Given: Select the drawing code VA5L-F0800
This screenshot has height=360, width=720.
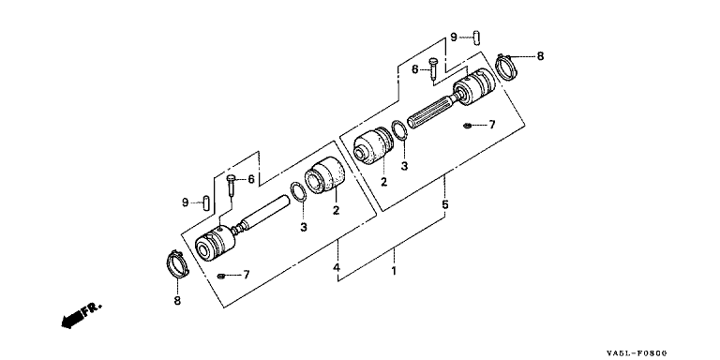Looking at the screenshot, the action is pos(637,353).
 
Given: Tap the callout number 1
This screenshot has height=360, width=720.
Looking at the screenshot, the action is pos(394,270).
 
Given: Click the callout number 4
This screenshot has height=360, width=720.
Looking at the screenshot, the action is pos(337,267).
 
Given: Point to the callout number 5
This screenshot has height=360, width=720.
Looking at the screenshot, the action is pos(445,203).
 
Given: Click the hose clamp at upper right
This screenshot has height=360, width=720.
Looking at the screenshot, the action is pos(507,67).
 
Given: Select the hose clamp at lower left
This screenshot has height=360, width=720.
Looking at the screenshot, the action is pos(177,264).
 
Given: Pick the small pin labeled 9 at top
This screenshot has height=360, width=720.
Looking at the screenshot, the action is pos(476,37).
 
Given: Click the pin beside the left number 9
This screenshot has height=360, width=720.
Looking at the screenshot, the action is pos(206,202).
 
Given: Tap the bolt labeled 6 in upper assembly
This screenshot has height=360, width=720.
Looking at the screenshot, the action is pos(433,68).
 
